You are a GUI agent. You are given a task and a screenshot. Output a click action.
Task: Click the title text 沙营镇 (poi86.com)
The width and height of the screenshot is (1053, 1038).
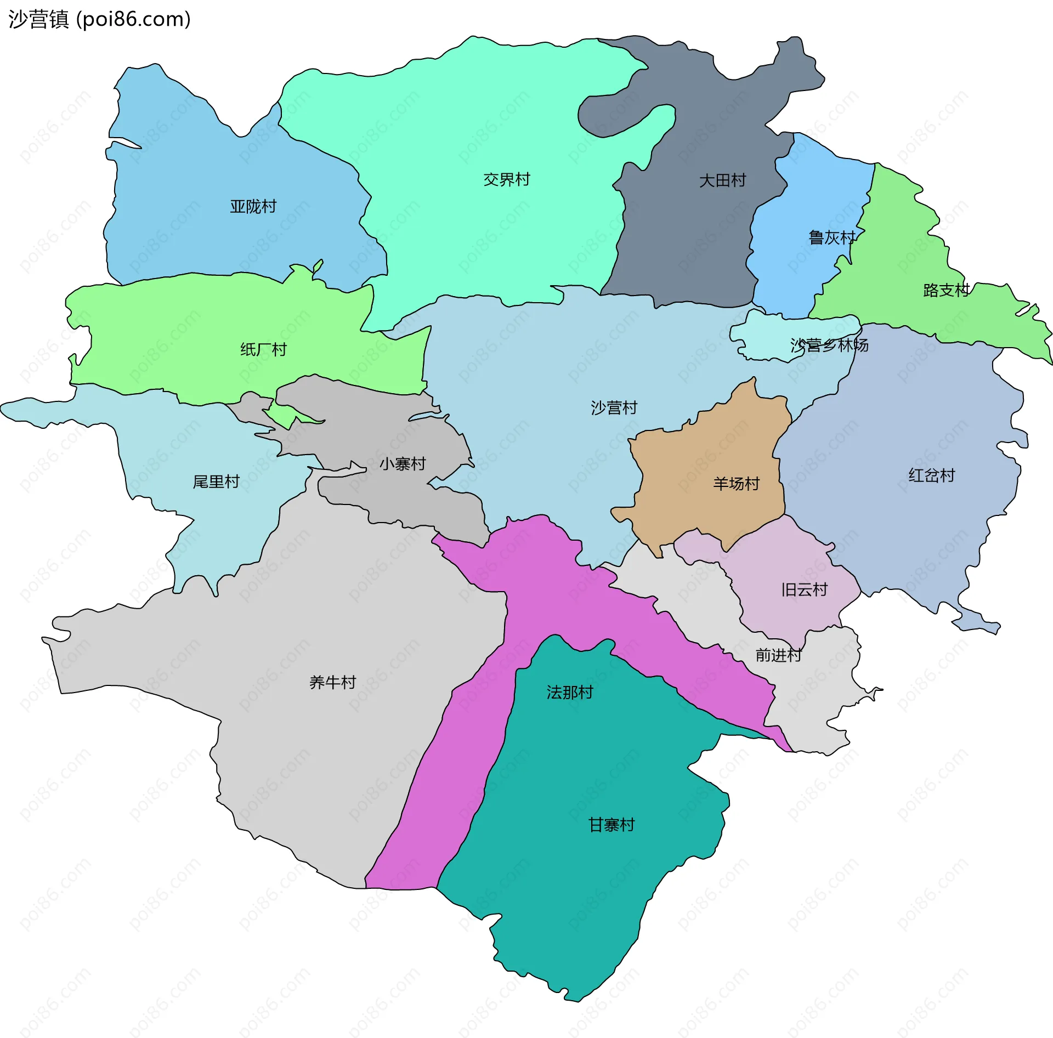(x=99, y=20)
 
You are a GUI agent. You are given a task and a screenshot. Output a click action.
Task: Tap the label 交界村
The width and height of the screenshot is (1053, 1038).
(x=506, y=180)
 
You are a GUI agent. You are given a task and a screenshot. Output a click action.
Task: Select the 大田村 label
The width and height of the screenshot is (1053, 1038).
(x=722, y=181)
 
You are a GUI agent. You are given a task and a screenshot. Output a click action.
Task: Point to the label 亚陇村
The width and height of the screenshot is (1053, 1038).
(x=253, y=207)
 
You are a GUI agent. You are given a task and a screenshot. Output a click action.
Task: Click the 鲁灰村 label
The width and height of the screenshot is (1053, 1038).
(x=831, y=238)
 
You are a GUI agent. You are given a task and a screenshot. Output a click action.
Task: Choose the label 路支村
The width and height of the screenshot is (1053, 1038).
(x=946, y=291)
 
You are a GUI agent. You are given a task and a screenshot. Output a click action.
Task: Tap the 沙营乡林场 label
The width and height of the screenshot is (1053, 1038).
(x=829, y=345)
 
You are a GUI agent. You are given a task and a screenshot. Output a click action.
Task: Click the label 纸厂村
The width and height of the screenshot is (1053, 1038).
(x=263, y=350)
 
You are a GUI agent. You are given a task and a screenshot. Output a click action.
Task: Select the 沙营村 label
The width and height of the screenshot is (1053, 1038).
(x=614, y=408)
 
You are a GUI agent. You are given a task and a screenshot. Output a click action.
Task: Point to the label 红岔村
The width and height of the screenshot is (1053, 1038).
(x=931, y=475)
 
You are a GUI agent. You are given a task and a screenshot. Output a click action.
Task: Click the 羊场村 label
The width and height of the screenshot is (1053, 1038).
(x=736, y=484)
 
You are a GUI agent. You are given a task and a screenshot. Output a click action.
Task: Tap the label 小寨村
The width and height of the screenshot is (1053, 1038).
(x=403, y=464)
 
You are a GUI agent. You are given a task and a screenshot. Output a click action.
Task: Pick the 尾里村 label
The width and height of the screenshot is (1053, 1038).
(x=216, y=482)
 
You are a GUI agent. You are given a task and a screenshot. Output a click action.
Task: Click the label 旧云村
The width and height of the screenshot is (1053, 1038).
(x=804, y=590)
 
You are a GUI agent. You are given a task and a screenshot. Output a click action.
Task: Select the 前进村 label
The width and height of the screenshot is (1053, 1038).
(x=778, y=655)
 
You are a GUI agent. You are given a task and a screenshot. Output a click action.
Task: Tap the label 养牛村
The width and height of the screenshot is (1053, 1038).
(x=332, y=683)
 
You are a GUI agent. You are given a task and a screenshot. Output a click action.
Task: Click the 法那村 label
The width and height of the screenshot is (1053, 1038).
(x=569, y=693)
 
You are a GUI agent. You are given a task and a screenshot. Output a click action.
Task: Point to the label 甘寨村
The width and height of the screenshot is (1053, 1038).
(x=611, y=825)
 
